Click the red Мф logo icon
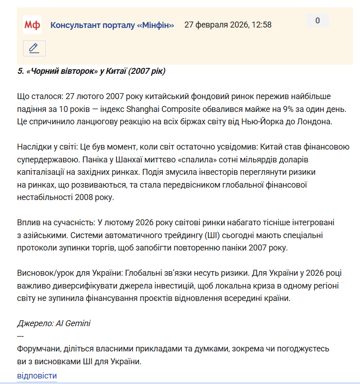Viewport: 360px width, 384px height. click(32, 24)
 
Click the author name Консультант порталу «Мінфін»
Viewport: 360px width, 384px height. click(112, 25)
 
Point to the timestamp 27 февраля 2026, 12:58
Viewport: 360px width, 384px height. click(228, 25)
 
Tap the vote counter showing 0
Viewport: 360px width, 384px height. click(317, 20)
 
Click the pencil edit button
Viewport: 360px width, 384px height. click(34, 48)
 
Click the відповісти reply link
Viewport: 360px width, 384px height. click(37, 376)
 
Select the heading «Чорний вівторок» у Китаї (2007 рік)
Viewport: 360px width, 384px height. click(92, 71)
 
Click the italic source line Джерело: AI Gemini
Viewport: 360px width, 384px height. click(54, 323)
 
